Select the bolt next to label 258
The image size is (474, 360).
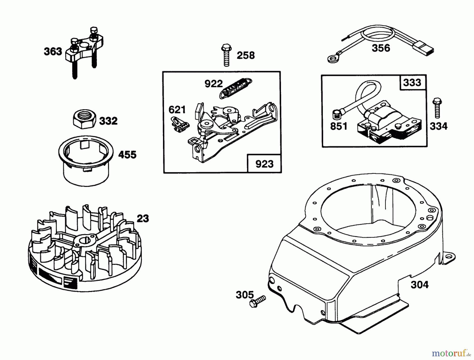[x=226, y=56]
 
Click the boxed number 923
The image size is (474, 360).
[x=264, y=164]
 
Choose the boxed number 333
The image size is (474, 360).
[x=412, y=82]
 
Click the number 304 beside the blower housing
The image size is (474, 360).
[x=419, y=285]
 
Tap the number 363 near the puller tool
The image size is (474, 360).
[x=53, y=51]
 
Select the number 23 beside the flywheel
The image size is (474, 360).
[x=143, y=218]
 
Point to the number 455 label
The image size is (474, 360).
[x=127, y=155]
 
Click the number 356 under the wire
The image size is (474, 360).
[x=381, y=48]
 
